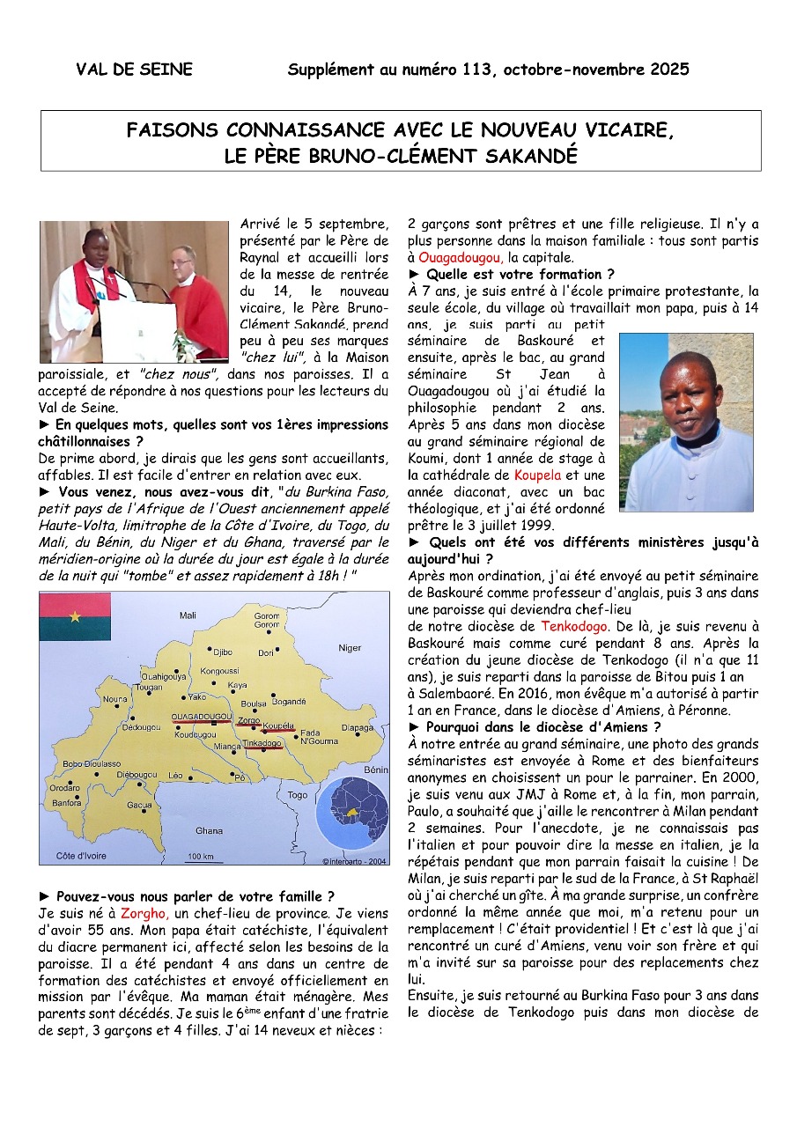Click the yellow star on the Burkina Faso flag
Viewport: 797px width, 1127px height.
74,616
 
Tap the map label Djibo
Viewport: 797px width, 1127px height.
222,652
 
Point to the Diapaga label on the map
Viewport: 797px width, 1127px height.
357,728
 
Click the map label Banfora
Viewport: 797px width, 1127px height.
66,803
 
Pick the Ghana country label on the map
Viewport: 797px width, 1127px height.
209,830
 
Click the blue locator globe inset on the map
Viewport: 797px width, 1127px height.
351,809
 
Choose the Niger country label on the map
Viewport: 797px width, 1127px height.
350,648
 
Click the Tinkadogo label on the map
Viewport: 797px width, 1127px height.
262,744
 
